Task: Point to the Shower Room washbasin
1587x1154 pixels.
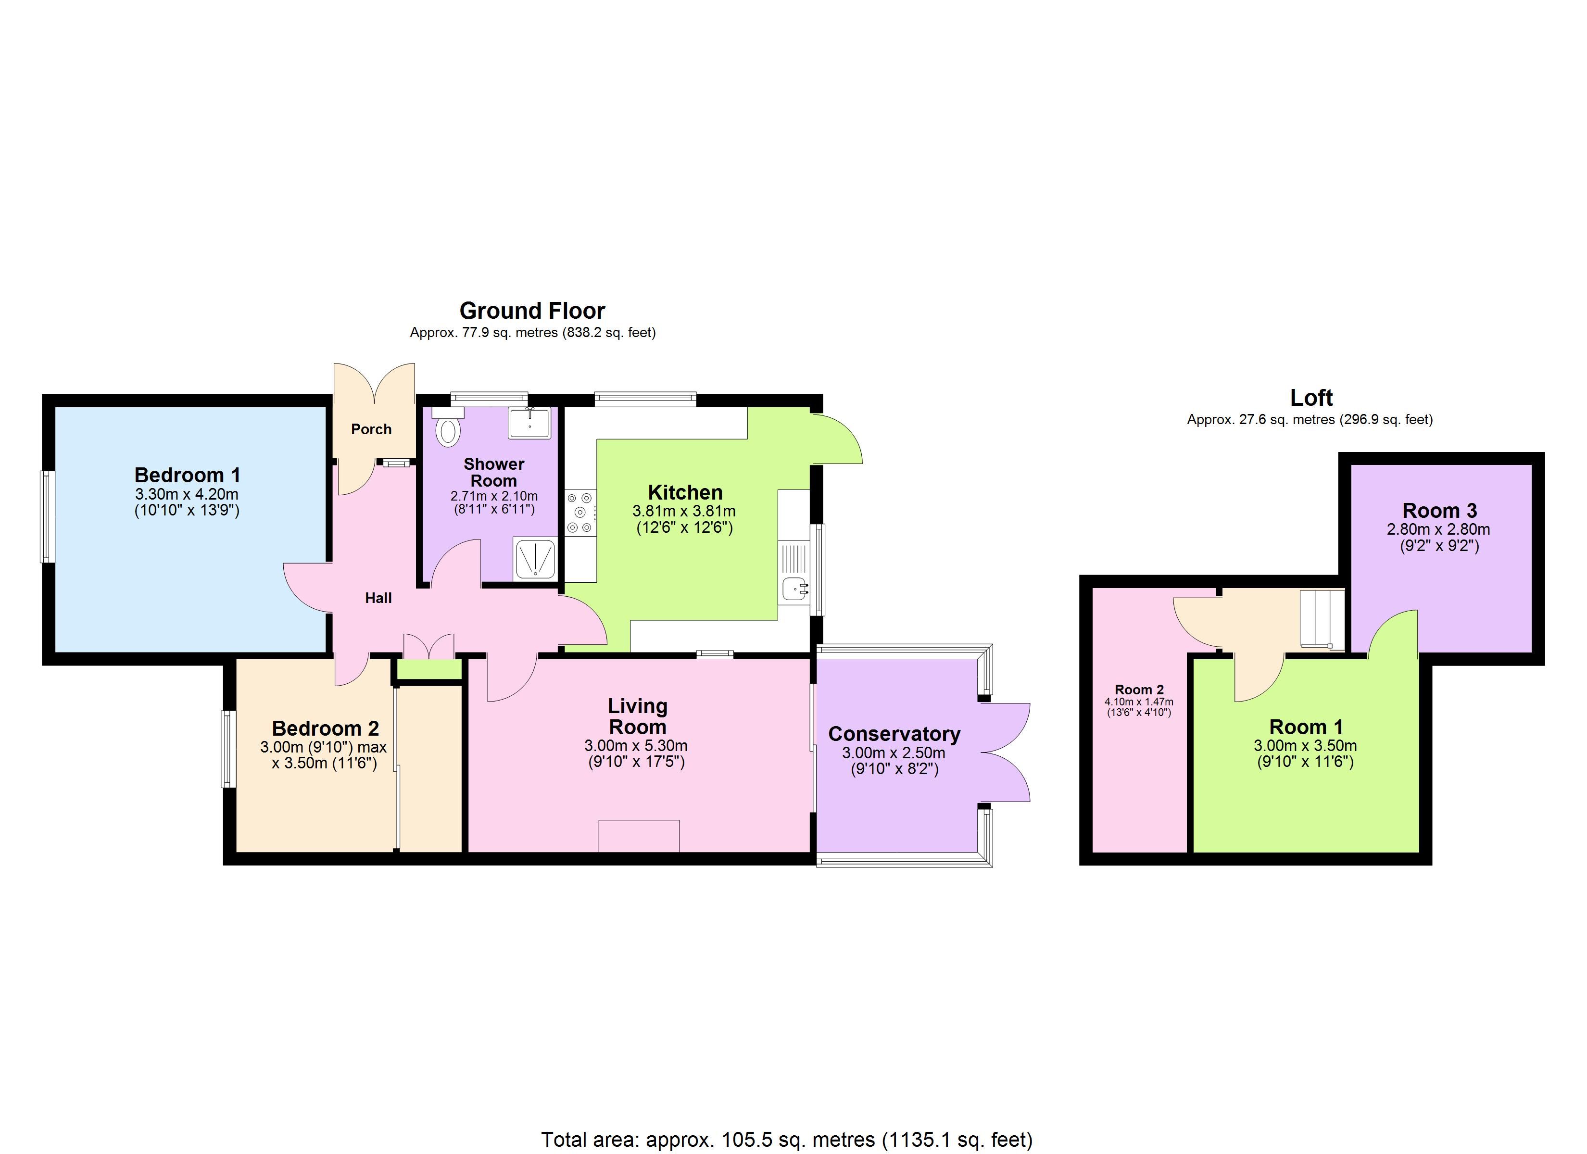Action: (x=529, y=423)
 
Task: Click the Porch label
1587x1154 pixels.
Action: (x=372, y=429)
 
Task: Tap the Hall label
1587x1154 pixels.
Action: (x=378, y=598)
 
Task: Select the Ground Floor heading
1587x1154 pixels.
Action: (x=532, y=311)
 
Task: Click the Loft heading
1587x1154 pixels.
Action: (x=1311, y=398)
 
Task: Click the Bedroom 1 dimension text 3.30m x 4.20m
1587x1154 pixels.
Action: (x=187, y=495)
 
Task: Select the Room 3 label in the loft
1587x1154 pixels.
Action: (x=1439, y=510)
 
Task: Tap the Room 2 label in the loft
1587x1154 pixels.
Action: (x=1139, y=690)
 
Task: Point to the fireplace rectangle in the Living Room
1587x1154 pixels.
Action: (x=639, y=836)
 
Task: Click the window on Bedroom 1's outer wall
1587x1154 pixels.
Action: (x=48, y=516)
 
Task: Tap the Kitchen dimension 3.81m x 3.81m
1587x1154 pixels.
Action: (x=684, y=511)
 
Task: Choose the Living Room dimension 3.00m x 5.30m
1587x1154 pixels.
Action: (x=636, y=745)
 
